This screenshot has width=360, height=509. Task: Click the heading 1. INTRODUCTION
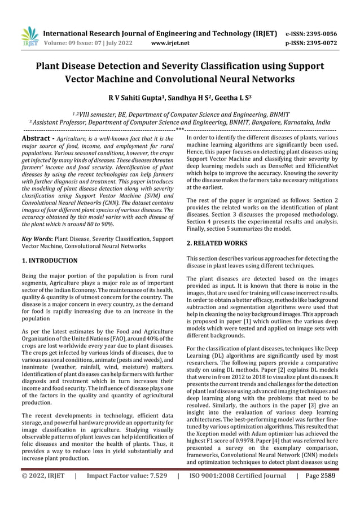[x=49, y=261]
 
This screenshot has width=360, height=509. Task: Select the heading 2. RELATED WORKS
[x=216, y=243]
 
